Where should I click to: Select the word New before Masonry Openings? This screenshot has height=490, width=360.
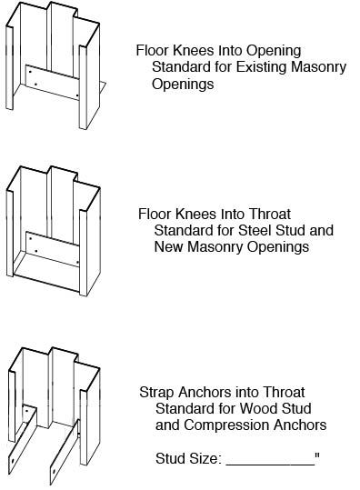167,246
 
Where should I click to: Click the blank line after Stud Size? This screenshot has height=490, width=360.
269,461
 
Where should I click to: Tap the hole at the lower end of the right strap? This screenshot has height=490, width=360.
54,473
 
